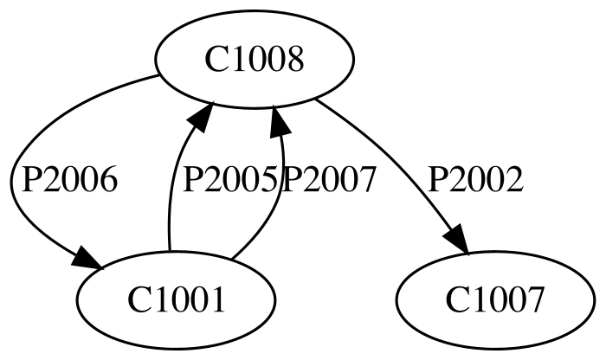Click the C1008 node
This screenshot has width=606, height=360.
click(255, 59)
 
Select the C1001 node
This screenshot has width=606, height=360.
click(176, 299)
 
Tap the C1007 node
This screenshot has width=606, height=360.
click(494, 299)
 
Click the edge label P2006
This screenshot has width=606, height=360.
click(69, 179)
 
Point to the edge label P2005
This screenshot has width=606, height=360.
click(229, 179)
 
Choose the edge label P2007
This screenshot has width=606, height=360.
click(329, 179)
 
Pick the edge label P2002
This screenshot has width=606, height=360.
click(475, 179)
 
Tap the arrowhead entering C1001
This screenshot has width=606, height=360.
click(87, 257)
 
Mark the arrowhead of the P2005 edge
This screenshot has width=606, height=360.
click(202, 116)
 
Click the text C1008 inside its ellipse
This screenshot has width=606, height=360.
click(255, 60)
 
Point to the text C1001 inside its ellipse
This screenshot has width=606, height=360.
click(176, 300)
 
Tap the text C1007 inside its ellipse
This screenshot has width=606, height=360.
click(494, 300)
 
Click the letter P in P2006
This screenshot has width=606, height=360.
click(31, 179)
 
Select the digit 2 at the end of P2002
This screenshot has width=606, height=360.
click(513, 179)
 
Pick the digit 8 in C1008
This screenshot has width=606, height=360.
click(294, 60)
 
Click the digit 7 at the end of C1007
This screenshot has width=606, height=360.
click(534, 300)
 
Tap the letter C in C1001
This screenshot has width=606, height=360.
click(138, 300)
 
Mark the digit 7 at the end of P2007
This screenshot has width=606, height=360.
click(367, 179)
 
